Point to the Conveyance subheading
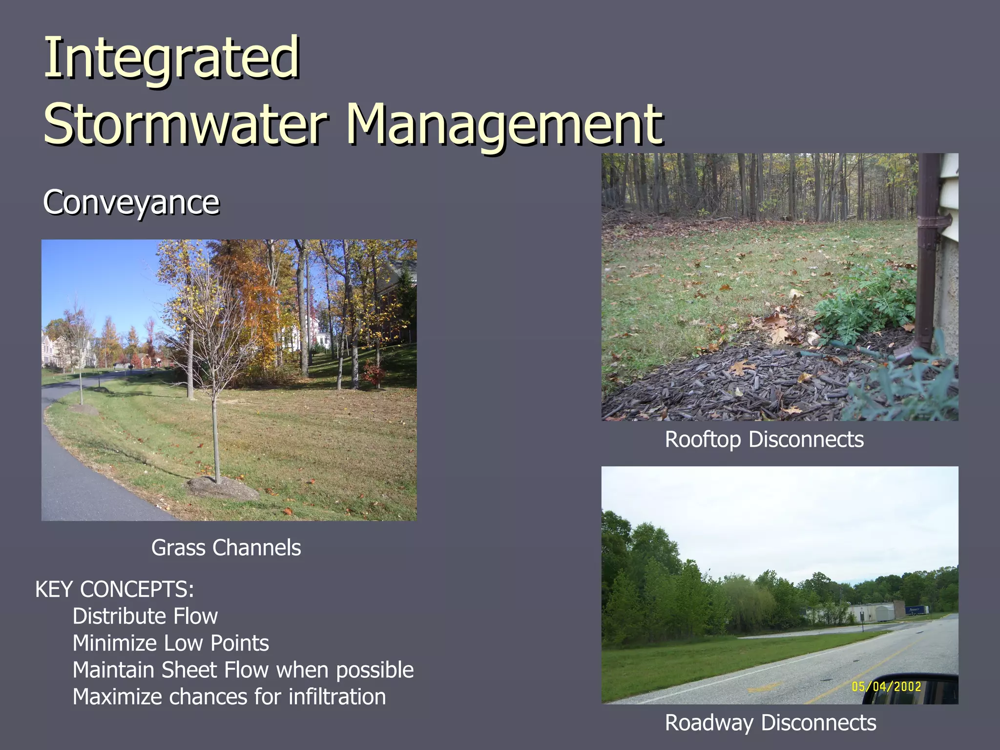[x=131, y=202]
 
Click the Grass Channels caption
[x=226, y=548]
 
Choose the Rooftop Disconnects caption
[x=764, y=439]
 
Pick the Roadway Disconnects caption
[x=771, y=723]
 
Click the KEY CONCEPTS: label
[x=115, y=589]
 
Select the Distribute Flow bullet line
[x=145, y=616]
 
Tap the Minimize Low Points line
[x=170, y=643]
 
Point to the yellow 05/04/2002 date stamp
[x=886, y=687]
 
